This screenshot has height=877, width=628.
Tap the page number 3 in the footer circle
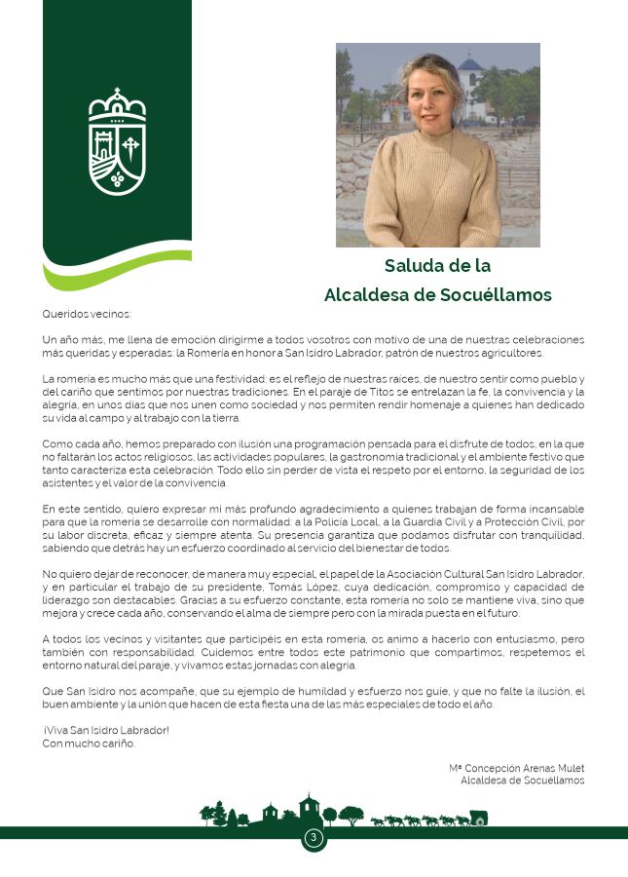[314, 838]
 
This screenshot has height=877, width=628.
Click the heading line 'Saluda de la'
[437, 265]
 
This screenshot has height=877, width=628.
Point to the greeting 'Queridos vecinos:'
[86, 314]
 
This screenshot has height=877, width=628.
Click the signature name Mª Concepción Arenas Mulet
[517, 769]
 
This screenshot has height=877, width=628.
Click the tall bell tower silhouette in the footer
[310, 809]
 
